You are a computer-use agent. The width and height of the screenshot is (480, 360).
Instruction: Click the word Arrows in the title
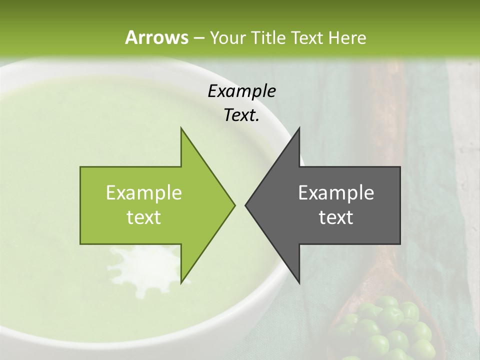(156, 37)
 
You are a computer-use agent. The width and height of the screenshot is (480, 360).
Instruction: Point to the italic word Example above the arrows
(241, 91)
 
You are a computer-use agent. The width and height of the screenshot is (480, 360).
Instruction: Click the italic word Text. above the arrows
(241, 115)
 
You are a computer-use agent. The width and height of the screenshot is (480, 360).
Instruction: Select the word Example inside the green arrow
(144, 193)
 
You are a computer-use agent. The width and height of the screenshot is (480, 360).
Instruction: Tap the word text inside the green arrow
(144, 217)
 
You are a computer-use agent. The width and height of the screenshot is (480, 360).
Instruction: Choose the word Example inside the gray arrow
(336, 193)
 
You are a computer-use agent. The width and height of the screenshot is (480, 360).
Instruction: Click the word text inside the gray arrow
(336, 217)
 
